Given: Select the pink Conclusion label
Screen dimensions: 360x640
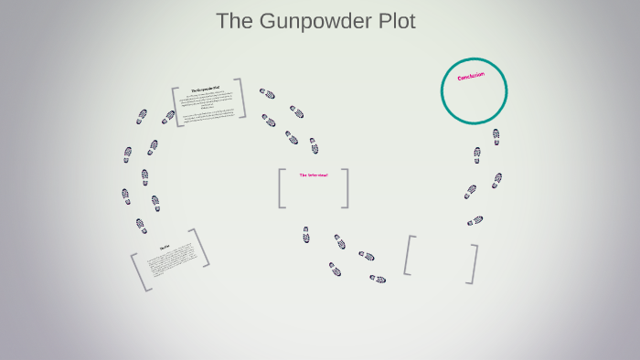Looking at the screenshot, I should coord(471,77).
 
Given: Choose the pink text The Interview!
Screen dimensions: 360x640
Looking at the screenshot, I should coord(313,175).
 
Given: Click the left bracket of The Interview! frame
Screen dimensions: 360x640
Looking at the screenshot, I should coord(282,188).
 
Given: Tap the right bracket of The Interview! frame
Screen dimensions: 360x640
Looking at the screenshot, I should coord(345,188).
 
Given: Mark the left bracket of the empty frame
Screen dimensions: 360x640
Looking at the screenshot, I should coord(409,255).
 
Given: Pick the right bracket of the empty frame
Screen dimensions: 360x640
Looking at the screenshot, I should coord(473,264).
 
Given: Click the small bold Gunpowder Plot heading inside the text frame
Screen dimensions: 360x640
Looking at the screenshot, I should coord(206,90).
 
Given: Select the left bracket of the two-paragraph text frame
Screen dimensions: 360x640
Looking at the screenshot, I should coord(177,106).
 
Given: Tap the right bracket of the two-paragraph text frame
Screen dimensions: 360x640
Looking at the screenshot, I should coord(241,98).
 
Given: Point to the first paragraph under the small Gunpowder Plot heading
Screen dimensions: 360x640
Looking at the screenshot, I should coord(208,101).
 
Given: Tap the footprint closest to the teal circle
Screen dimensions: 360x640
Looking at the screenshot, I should coord(496,136).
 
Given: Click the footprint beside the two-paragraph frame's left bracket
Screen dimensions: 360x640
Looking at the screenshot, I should coord(167,117).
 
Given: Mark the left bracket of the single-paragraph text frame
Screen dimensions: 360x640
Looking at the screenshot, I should coord(140,272).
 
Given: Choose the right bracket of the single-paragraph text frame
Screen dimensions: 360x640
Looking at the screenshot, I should coord(200,248).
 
